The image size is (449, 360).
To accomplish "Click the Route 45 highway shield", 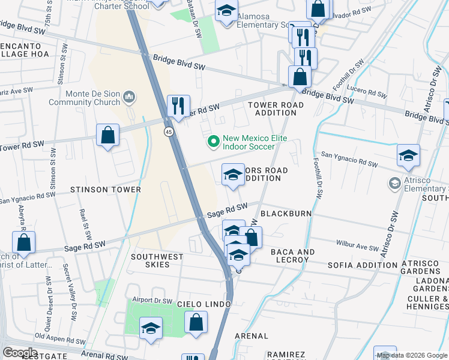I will pyautogui.click(x=170, y=131).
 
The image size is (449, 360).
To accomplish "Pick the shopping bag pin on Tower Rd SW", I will pyautogui.click(x=107, y=135).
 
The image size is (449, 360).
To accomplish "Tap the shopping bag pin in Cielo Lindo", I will pyautogui.click(x=196, y=322).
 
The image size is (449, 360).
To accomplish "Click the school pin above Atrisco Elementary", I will pyautogui.click(x=408, y=156).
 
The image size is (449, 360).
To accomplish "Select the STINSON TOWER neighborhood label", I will pyautogui.click(x=105, y=190).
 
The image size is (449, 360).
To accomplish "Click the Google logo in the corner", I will pyautogui.click(x=20, y=352).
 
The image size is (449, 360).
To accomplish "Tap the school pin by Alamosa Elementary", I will pyautogui.click(x=226, y=12).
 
